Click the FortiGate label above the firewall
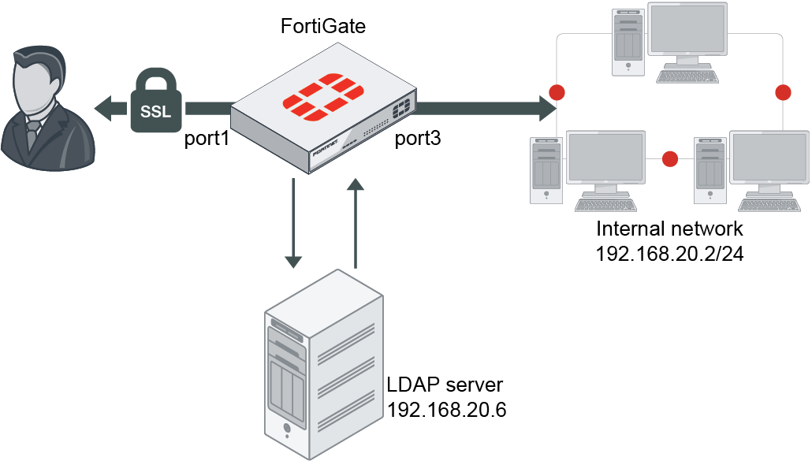[x=324, y=26]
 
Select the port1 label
[x=207, y=139]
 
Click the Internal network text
[x=670, y=229]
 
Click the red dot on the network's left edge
[x=557, y=91]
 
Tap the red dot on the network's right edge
[x=783, y=92]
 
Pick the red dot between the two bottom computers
[x=670, y=159]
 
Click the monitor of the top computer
[x=687, y=30]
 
